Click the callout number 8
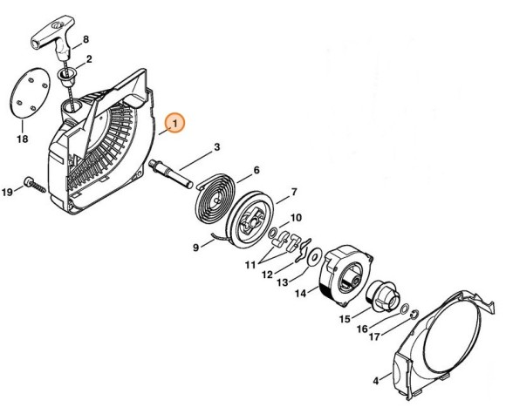pos(86,41)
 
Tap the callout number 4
pos(375,381)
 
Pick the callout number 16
pos(360,329)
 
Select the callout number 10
pos(297,217)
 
